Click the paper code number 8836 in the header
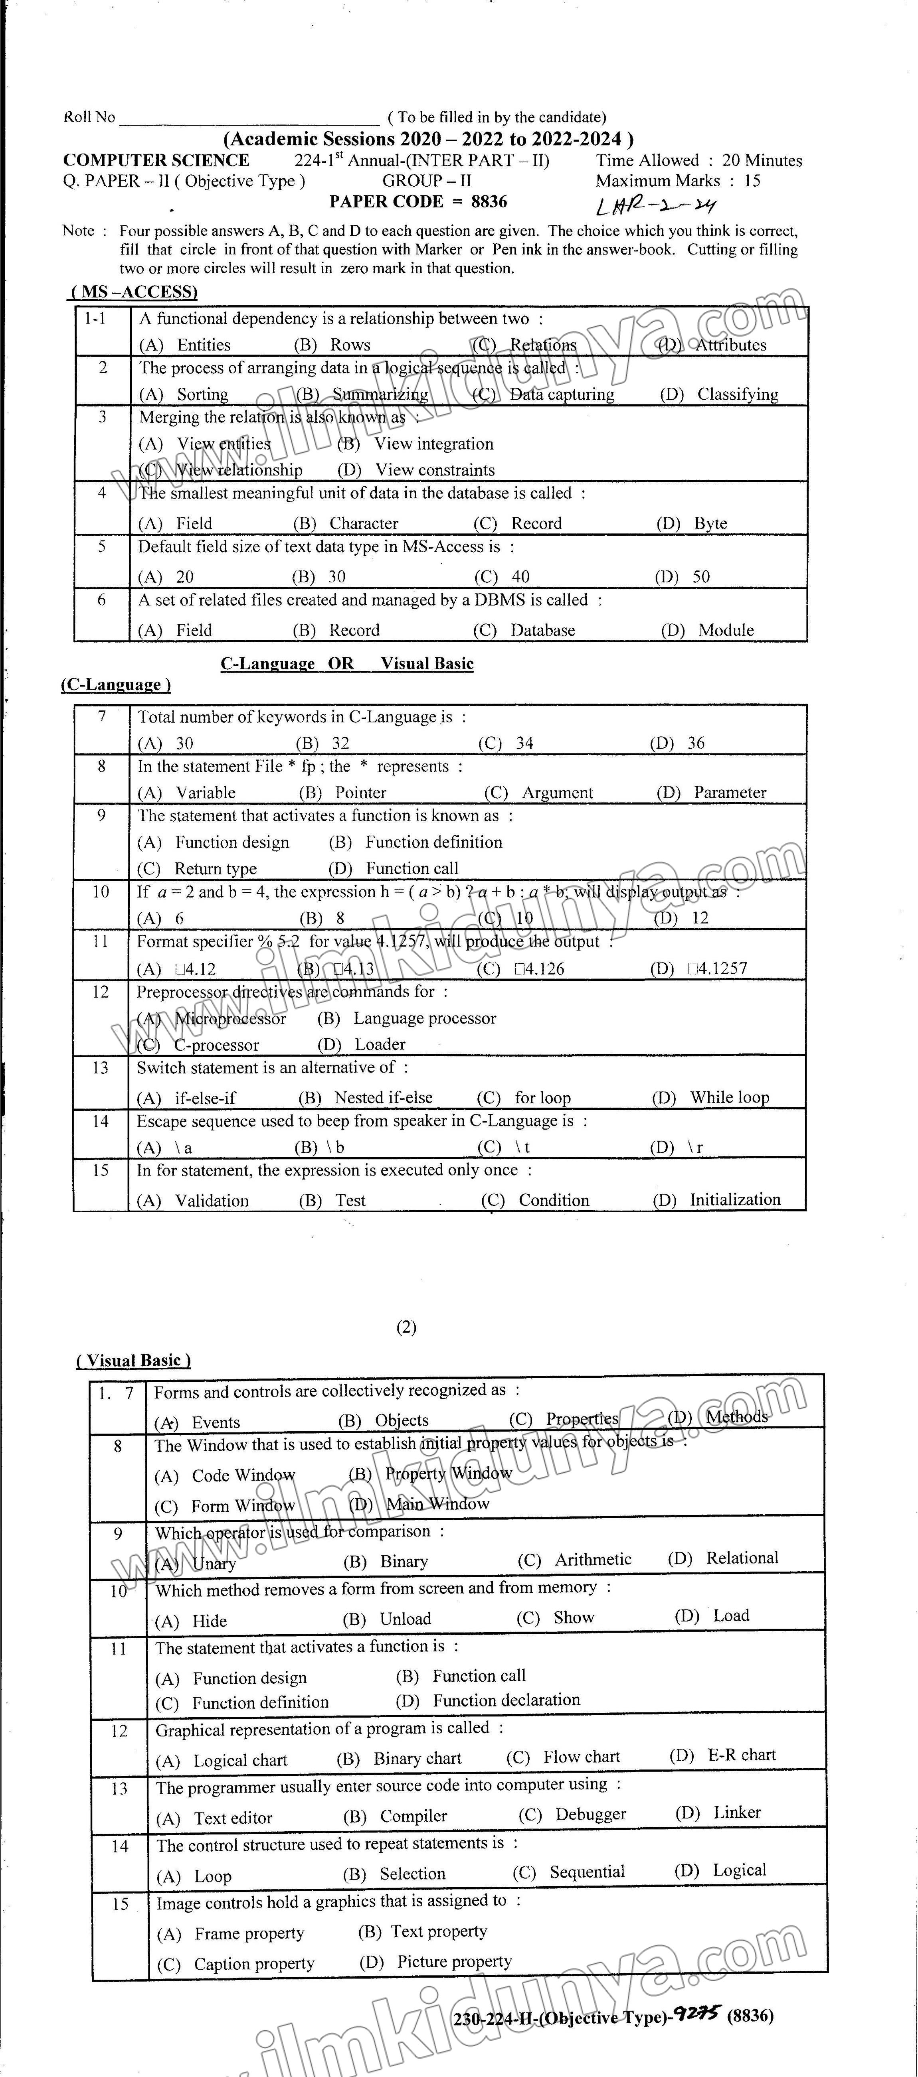tap(489, 201)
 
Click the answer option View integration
tap(433, 444)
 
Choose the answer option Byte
tap(710, 523)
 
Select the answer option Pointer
tap(360, 793)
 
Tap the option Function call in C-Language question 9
tap(412, 868)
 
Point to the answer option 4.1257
tap(718, 968)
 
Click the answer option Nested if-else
tap(383, 1097)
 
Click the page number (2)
tap(407, 1327)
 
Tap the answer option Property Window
tap(448, 1473)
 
